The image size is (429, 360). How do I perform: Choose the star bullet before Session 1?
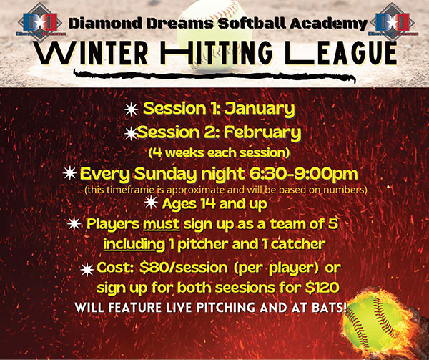point(131,110)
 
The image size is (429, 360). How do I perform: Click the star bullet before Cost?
point(87,270)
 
